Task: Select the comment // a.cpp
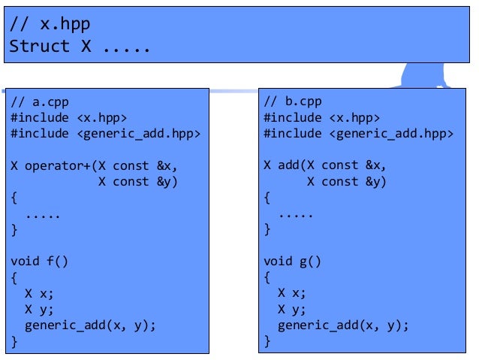coord(40,101)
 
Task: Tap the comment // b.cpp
coord(293,101)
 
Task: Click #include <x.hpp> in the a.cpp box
coord(68,117)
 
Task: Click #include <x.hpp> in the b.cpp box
coord(321,117)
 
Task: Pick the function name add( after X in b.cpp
coord(289,165)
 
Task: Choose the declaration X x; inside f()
coord(39,293)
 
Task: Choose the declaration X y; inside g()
coord(292,309)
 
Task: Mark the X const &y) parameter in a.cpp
coord(139,182)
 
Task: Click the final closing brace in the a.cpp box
coord(14,342)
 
